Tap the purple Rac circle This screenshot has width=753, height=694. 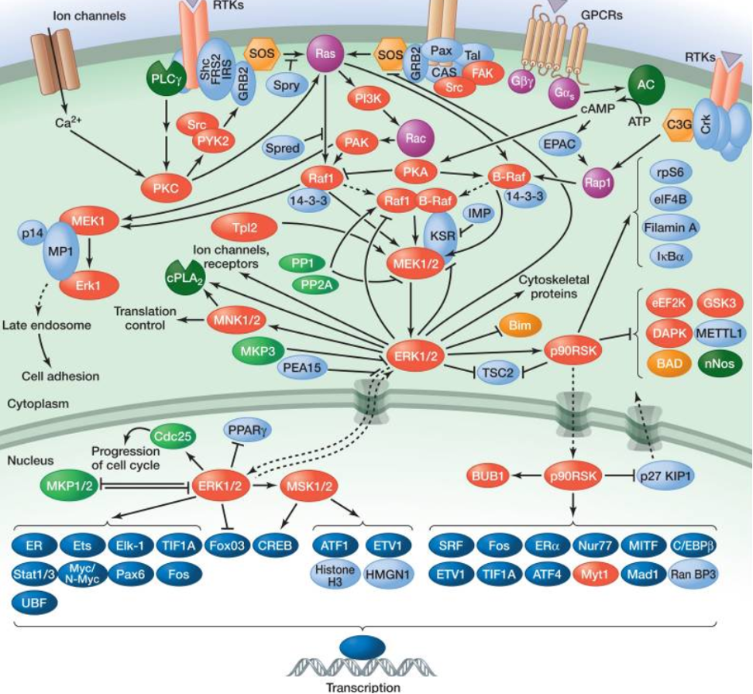pos(415,139)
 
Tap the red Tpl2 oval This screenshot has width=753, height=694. pos(242,228)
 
